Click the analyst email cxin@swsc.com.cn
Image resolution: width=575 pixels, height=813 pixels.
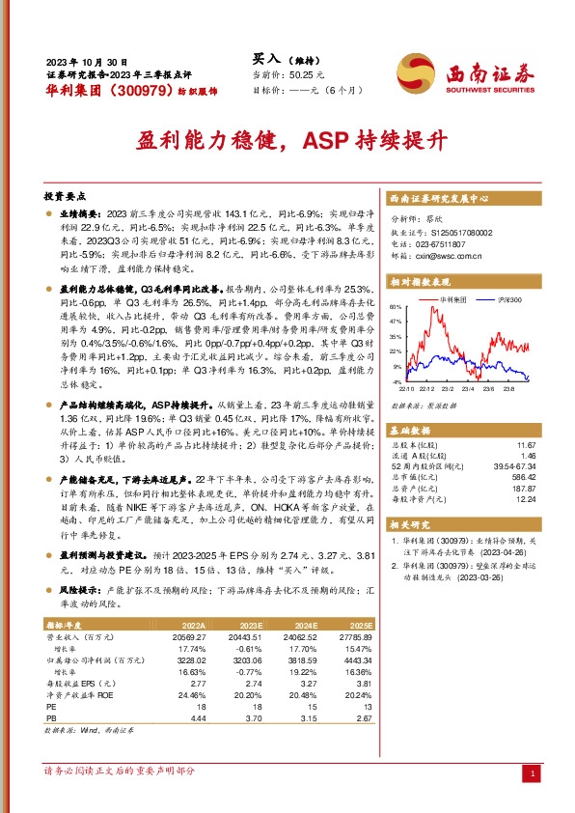click(x=446, y=258)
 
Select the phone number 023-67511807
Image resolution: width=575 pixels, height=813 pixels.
click(x=445, y=245)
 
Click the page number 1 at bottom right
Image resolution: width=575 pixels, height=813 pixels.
click(x=531, y=774)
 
